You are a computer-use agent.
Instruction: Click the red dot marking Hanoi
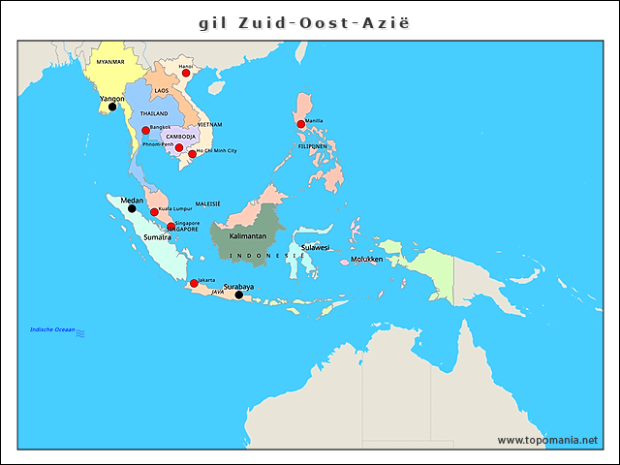pos(185,73)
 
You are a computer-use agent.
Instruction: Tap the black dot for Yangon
pos(111,107)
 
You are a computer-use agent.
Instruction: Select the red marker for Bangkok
pos(145,130)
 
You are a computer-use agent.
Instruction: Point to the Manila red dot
pos(301,124)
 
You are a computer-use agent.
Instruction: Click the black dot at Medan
pos(132,208)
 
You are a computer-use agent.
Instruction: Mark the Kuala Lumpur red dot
pos(154,211)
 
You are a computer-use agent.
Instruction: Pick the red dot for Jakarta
pos(194,283)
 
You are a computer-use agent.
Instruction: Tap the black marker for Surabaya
pos(239,294)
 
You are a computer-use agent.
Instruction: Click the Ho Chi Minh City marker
pos(192,154)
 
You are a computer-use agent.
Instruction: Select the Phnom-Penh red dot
pos(178,147)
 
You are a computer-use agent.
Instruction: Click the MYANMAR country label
pos(104,61)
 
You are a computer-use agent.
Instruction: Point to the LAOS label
pos(161,91)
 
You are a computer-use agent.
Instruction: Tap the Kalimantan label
pos(248,235)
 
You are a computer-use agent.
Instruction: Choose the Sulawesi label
pos(315,247)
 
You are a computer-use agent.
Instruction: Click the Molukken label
pos(367,260)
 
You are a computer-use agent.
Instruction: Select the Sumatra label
pos(157,237)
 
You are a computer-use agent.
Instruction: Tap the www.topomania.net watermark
pos(547,440)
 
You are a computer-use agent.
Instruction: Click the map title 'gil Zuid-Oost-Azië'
pos(310,21)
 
